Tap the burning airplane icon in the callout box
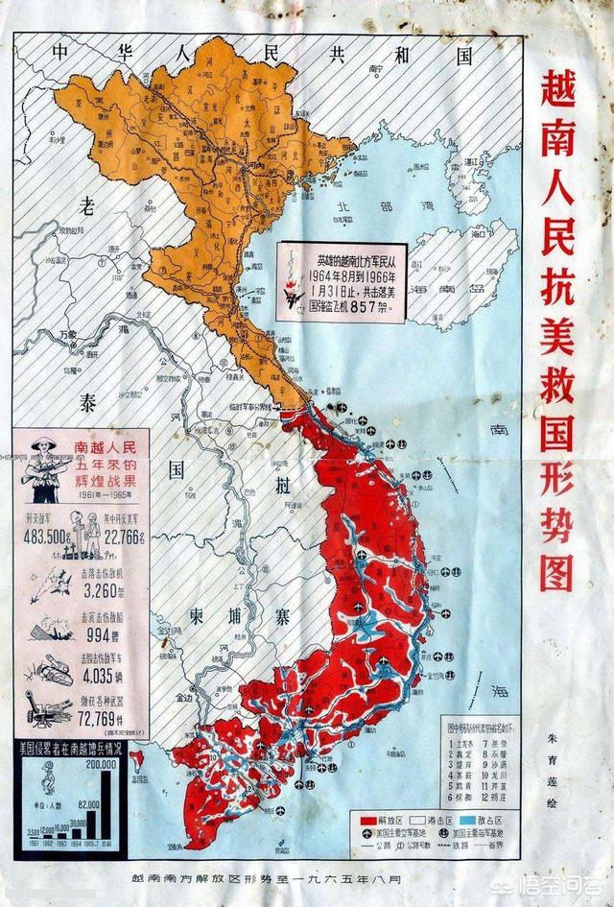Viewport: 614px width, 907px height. (290, 278)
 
